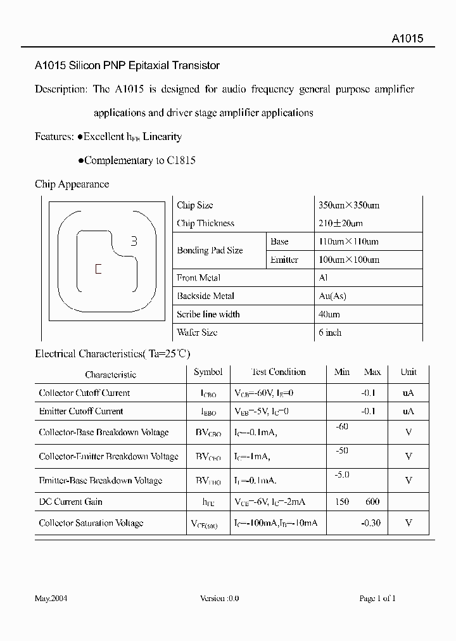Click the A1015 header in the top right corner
pos(407,38)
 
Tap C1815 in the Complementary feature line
pos(181,160)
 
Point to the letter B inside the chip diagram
pos(134,241)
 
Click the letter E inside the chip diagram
pos(98,269)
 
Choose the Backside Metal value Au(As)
pos(332,296)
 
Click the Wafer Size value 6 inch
pos(329,332)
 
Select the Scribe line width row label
pos(208,314)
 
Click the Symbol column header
pos(208,372)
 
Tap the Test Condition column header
pos(278,372)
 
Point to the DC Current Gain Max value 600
pos(372,502)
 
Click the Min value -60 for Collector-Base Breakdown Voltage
pos(342,427)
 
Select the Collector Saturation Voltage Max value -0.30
pos(370,523)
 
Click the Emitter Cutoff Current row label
pos(80,411)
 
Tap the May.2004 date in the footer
pos(51,599)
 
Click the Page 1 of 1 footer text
pos(377,599)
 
